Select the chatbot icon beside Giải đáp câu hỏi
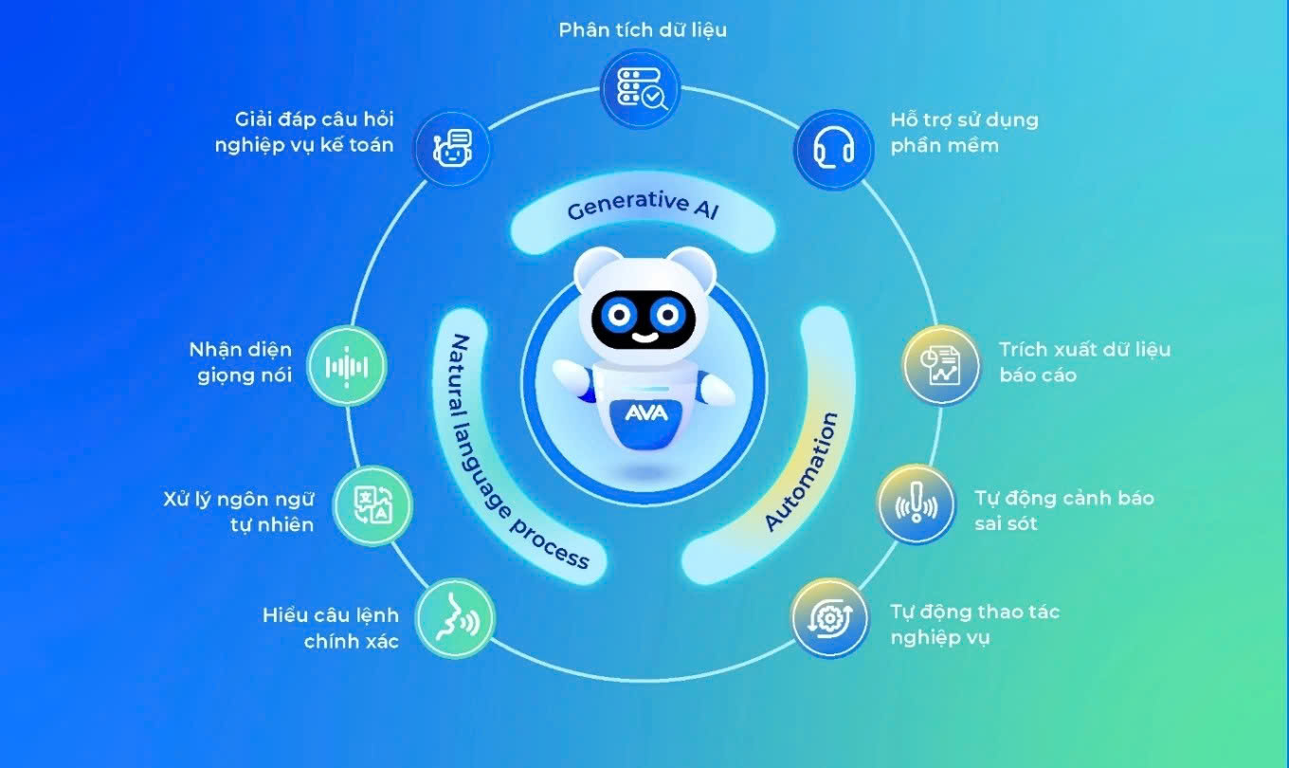[452, 149]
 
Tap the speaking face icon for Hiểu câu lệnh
[455, 618]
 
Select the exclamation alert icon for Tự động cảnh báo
[916, 503]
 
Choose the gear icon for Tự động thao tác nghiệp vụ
[830, 618]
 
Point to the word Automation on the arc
[802, 471]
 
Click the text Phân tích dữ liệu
[643, 29]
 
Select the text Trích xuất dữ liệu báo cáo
[1084, 362]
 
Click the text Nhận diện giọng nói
[240, 362]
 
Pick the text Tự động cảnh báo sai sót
[1063, 510]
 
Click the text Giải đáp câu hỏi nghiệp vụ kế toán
[315, 133]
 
